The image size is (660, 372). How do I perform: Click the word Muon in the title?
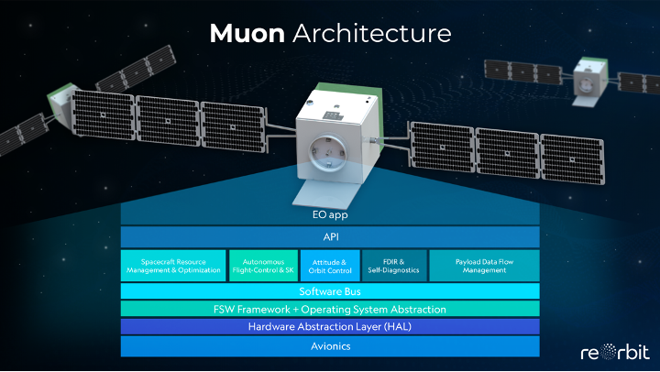(247, 33)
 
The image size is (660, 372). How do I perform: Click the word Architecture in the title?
(372, 33)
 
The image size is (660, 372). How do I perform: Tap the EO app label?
(330, 215)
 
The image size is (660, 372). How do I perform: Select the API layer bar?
(330, 237)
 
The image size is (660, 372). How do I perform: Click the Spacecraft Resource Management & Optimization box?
(173, 266)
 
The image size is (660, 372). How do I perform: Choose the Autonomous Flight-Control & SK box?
(263, 266)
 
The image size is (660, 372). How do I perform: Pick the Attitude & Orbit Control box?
(330, 266)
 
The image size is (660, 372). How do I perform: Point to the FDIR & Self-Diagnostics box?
(394, 266)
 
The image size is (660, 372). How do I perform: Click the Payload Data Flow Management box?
(484, 266)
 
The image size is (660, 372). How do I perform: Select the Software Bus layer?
(330, 291)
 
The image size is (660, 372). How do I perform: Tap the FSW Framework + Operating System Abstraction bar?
(330, 310)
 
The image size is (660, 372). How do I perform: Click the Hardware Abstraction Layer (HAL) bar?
(330, 326)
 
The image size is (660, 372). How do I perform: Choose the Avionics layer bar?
(330, 346)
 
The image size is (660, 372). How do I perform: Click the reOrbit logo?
(615, 352)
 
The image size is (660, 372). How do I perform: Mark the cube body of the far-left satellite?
(63, 101)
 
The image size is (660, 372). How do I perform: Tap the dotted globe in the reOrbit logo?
(608, 352)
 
